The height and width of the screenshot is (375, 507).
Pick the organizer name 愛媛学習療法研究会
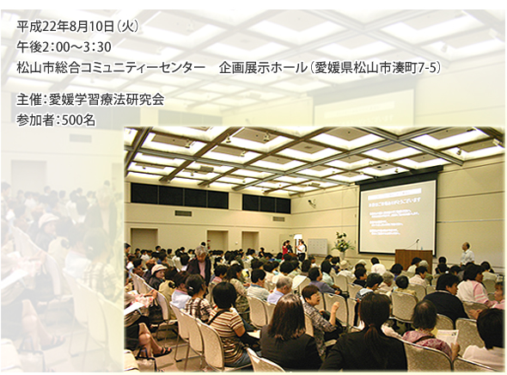pyautogui.click(x=106, y=99)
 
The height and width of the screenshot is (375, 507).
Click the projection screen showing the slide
pyautogui.click(x=397, y=216)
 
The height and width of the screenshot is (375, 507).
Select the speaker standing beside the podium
pyautogui.click(x=466, y=255)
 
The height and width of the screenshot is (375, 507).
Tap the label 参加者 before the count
pyautogui.click(x=34, y=120)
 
